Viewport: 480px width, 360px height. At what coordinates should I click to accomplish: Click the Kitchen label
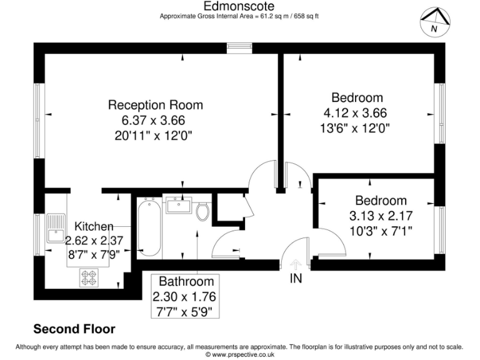pyautogui.click(x=94, y=226)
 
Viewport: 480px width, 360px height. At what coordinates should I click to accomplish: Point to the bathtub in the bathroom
pyautogui.click(x=148, y=228)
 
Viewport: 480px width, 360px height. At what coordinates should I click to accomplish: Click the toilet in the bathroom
pyautogui.click(x=202, y=211)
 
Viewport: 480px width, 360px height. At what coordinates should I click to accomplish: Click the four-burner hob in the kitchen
pyautogui.click(x=88, y=277)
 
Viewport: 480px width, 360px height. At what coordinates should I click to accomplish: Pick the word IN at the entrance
pyautogui.click(x=296, y=279)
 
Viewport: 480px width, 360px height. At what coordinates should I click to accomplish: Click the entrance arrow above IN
pyautogui.click(x=296, y=264)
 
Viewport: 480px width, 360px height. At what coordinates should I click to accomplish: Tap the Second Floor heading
pyautogui.click(x=74, y=329)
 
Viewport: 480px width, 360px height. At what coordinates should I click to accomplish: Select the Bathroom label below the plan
pyautogui.click(x=186, y=281)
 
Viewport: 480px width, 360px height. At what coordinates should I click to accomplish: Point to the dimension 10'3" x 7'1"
pyautogui.click(x=381, y=231)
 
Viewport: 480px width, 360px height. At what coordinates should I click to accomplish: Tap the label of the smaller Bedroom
pyautogui.click(x=381, y=201)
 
